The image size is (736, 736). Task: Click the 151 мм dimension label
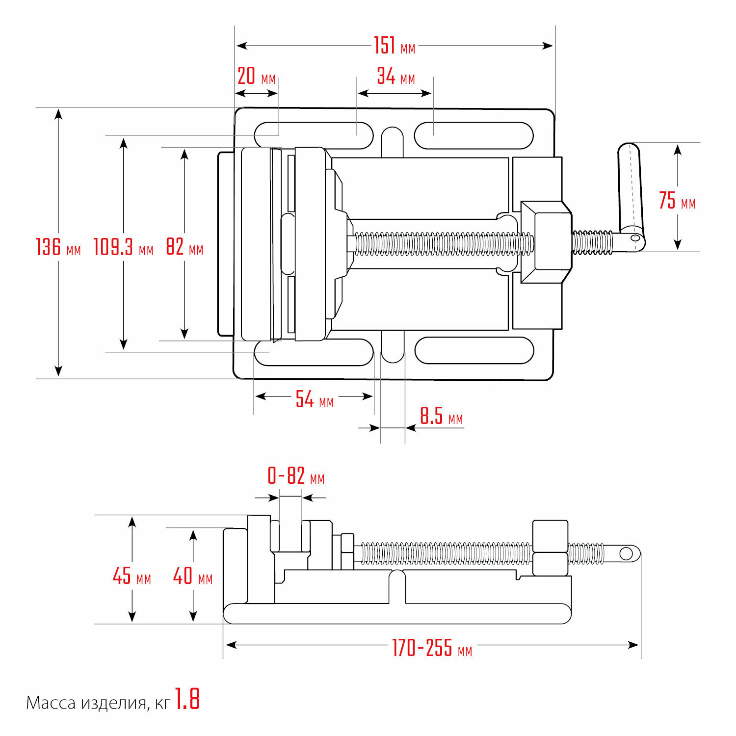394,46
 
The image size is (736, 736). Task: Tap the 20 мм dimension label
256,77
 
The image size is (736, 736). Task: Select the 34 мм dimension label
395,77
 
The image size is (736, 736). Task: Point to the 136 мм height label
58,247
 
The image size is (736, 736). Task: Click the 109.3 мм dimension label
123,247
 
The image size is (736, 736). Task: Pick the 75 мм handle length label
677,201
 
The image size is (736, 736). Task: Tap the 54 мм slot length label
314,400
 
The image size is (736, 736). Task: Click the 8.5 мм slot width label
441,417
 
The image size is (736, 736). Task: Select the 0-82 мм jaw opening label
295,476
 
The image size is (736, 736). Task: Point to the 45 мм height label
131,576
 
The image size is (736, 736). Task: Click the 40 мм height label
193,576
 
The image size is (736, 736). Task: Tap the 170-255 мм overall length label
432,649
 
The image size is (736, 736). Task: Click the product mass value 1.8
187,699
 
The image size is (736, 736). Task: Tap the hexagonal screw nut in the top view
546,242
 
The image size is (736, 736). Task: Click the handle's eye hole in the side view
626,554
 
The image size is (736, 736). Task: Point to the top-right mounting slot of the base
473,135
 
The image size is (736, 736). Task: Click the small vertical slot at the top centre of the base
392,142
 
